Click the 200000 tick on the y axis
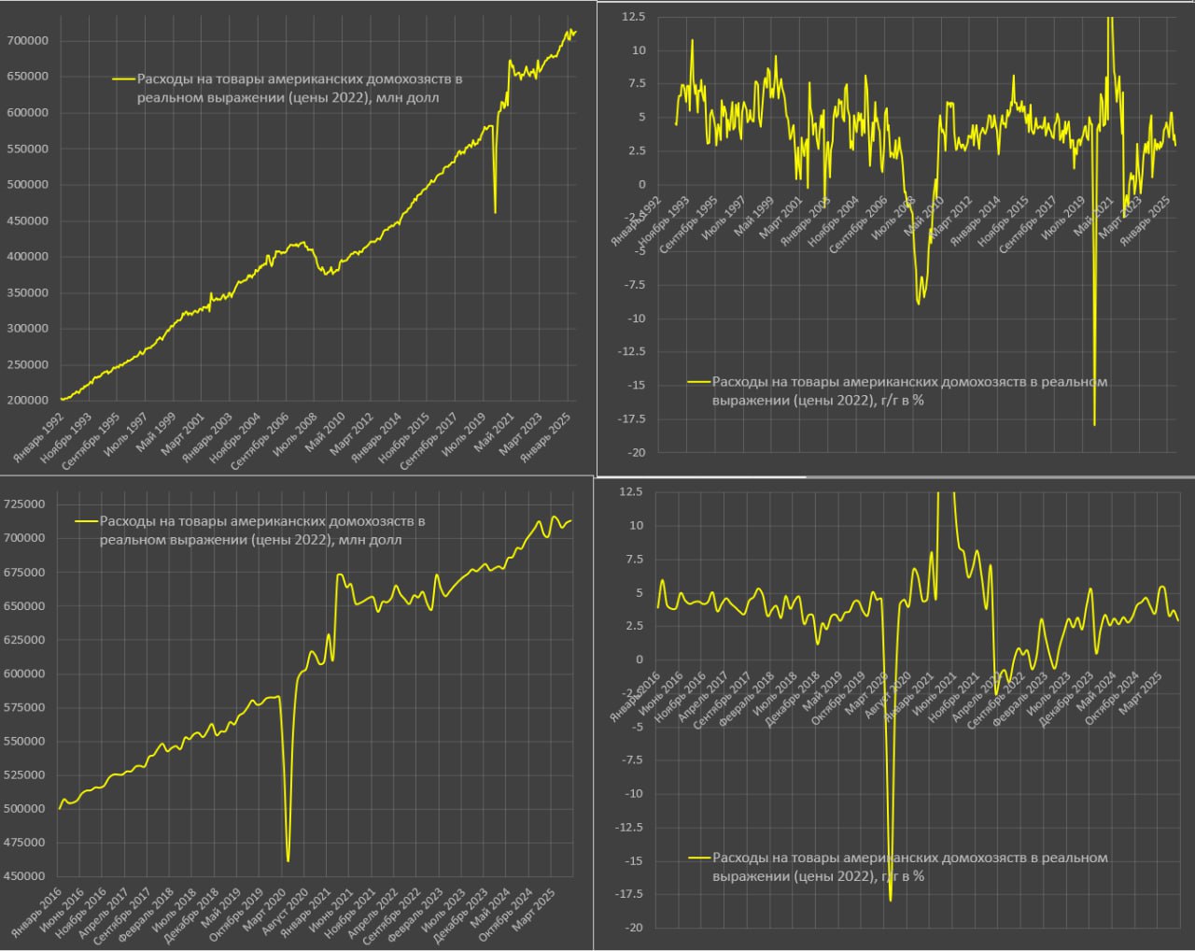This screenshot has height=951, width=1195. [x=27, y=401]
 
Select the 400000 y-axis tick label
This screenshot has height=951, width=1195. [x=27, y=257]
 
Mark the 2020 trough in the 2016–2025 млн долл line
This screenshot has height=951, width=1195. [x=288, y=860]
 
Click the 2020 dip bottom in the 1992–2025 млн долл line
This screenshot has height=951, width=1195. [x=495, y=212]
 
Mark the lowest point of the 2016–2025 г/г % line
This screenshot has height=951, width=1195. [x=891, y=901]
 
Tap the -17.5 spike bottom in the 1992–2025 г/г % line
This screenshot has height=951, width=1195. [x=1094, y=425]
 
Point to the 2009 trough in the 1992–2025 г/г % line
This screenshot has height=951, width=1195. [x=919, y=304]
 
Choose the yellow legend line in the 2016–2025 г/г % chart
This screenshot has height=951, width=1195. [x=699, y=858]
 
